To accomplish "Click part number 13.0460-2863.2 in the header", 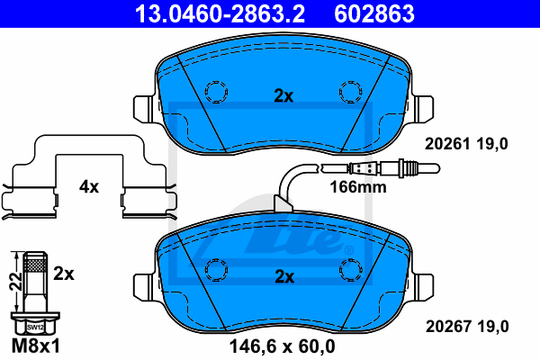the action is (220, 14).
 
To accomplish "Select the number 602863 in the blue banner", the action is (374, 14).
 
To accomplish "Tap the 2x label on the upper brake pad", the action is (283, 96).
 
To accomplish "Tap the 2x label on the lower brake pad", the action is (284, 276).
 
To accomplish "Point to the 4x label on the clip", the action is (89, 186).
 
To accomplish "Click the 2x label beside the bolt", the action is (64, 274).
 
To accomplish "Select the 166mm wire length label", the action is (358, 187).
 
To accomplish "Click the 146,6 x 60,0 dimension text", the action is (282, 346).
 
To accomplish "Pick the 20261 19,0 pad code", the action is (466, 144).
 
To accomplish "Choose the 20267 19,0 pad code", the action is (467, 326).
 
